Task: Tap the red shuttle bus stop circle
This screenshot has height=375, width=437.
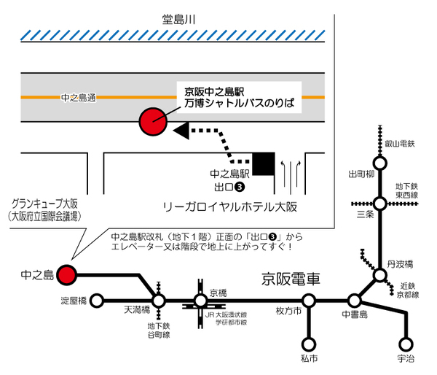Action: pos(154,121)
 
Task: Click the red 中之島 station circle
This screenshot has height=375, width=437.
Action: pos(67,275)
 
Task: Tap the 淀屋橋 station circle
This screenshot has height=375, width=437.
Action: pos(95,300)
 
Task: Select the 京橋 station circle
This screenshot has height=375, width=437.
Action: pos(201,300)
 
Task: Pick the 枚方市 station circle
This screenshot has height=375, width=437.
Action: pos(309,300)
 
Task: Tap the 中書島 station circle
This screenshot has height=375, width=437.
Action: pos(355,300)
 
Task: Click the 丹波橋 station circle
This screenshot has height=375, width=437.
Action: pos(379,275)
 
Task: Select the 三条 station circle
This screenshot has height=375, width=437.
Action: pos(379,204)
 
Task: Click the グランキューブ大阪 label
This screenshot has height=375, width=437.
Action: pos(44,204)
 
